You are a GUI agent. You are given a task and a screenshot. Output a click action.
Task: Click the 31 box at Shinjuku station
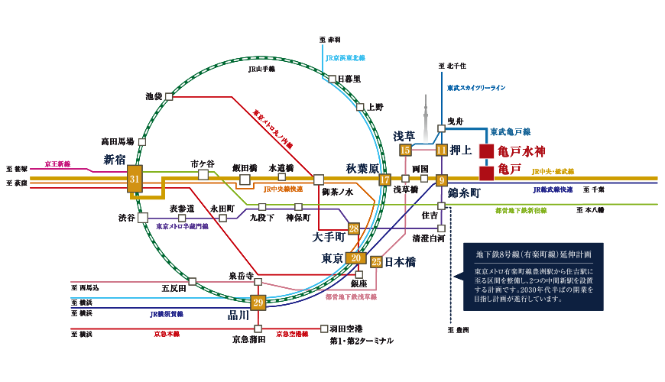pyautogui.click(x=135, y=179)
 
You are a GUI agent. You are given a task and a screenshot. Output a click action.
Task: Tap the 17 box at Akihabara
pyautogui.click(x=384, y=180)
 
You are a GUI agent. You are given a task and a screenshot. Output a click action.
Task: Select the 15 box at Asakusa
pyautogui.click(x=405, y=151)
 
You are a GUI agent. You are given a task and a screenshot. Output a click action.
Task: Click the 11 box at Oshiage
pyautogui.click(x=441, y=151)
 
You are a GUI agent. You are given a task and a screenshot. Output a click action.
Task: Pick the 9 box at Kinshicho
pyautogui.click(x=441, y=181)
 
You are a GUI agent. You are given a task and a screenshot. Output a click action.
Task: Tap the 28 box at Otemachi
pyautogui.click(x=353, y=228)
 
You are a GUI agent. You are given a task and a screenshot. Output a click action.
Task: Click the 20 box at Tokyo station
pyautogui.click(x=355, y=258)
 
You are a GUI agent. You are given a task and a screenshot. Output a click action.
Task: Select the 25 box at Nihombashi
pyautogui.click(x=376, y=261)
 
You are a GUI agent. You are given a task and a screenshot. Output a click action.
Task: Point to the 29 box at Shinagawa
pyautogui.click(x=258, y=303)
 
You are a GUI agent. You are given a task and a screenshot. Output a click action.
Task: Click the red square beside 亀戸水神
pyautogui.click(x=486, y=151)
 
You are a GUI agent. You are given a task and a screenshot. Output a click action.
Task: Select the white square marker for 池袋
pyautogui.click(x=169, y=97)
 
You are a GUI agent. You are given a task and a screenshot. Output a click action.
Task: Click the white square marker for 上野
pyautogui.click(x=359, y=108)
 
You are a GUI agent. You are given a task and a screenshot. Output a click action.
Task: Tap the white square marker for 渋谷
pyautogui.click(x=143, y=218)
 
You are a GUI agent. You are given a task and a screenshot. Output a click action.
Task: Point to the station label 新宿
pyautogui.click(x=115, y=160)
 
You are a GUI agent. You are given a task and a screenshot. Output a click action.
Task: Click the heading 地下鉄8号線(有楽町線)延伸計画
pyautogui.click(x=534, y=254)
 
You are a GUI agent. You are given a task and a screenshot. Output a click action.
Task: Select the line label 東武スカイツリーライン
pyautogui.click(x=476, y=88)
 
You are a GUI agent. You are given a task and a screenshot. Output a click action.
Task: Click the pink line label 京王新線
pyautogui.click(x=57, y=163)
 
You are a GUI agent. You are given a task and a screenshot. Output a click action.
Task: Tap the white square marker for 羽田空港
pyautogui.click(x=324, y=329)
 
